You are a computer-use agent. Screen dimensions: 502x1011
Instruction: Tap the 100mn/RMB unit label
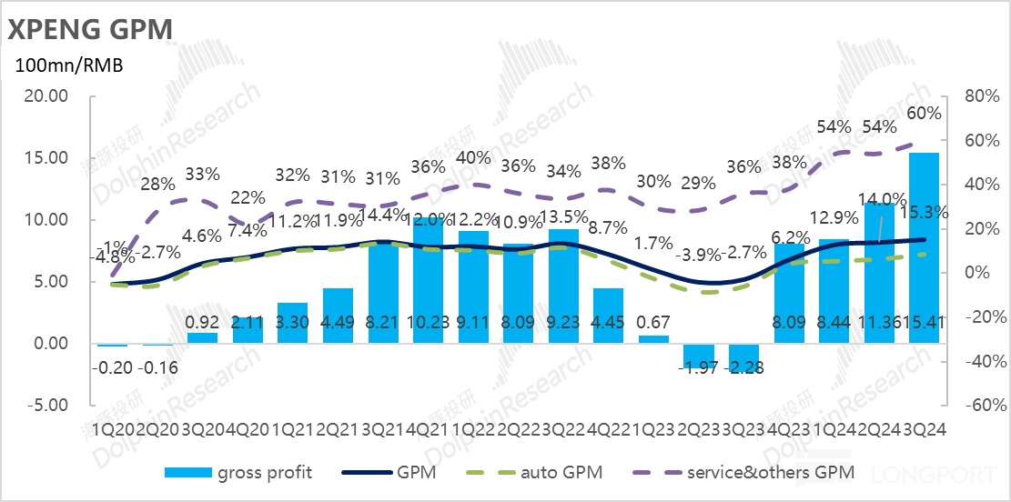(x=67, y=65)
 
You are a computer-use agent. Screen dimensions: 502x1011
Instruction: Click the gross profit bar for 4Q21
(x=428, y=281)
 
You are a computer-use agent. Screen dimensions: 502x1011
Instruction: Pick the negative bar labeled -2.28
(x=743, y=357)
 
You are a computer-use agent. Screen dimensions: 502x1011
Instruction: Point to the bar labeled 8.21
(x=382, y=293)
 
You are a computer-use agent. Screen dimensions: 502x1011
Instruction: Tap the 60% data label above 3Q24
(x=925, y=113)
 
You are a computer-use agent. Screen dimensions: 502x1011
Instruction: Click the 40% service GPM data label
(x=473, y=157)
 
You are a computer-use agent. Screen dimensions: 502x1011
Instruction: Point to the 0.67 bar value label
(x=652, y=323)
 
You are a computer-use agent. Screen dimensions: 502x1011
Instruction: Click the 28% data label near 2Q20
(x=158, y=184)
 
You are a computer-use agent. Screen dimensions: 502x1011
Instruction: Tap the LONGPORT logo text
(x=939, y=474)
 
